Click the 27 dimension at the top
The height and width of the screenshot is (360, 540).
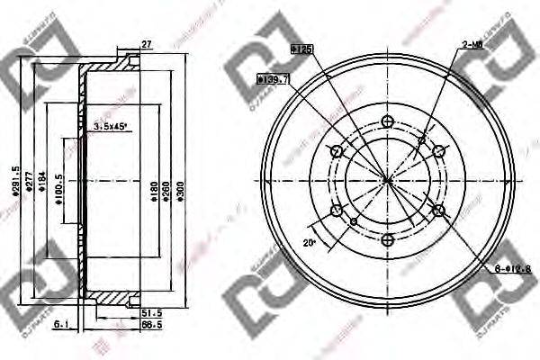pos(146,43)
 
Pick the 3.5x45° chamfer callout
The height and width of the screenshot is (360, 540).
pos(112,128)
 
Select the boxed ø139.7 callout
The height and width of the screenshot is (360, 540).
pos(273,79)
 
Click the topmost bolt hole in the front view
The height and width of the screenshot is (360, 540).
pos(388,121)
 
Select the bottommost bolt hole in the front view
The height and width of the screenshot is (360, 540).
pos(388,239)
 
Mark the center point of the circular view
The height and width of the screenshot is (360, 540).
pos(388,180)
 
